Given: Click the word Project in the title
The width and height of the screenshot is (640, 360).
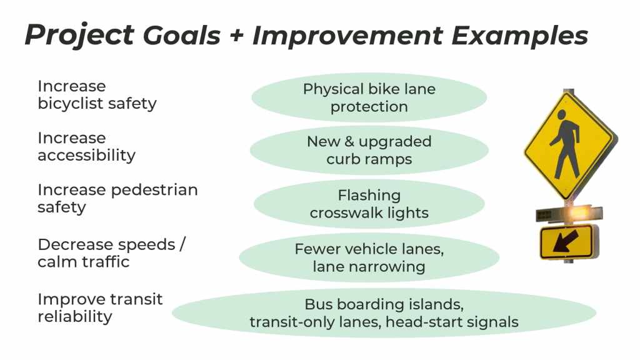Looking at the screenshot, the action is tap(79, 36).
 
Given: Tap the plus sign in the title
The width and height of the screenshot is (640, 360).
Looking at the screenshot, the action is tap(237, 36).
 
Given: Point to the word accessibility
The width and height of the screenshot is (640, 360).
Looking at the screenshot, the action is tap(86, 155).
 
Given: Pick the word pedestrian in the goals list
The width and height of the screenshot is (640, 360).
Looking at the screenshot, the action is tap(154, 190).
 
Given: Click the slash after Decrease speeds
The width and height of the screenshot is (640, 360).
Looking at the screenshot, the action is tap(182, 244).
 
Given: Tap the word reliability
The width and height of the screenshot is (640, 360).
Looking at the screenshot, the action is tap(75, 316).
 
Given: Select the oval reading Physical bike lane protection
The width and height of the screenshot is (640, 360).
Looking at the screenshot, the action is tap(369, 97).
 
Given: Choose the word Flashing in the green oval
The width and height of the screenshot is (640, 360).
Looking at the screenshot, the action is tap(369, 195).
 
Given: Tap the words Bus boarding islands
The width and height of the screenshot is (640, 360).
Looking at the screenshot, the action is tap(384, 304).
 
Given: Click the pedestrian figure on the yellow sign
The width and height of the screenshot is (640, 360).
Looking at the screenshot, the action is tap(565, 144).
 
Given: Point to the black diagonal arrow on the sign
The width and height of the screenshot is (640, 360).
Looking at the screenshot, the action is tap(566, 241).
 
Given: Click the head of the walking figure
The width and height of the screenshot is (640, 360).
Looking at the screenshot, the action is tap(562, 115).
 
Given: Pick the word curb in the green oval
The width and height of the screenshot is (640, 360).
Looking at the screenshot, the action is tap(342, 159).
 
